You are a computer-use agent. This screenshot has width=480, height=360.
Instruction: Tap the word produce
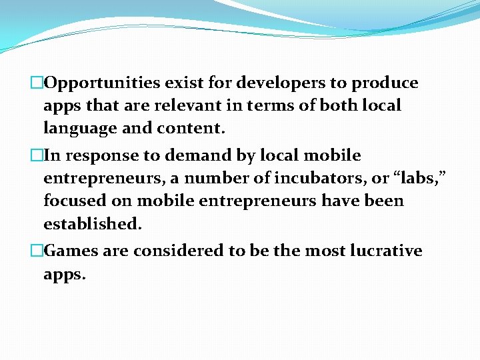point(385,83)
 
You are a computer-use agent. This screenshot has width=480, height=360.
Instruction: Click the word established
point(92,223)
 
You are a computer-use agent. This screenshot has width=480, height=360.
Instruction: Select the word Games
point(74,251)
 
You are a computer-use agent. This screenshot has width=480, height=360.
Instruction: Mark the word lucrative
point(386,251)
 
